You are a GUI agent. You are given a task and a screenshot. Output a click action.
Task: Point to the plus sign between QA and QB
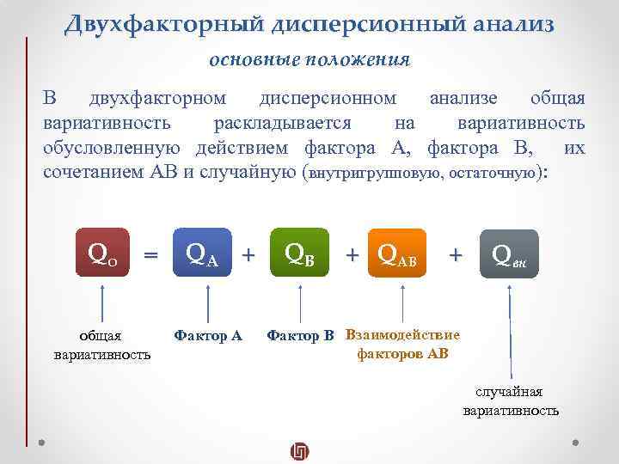tap(249, 254)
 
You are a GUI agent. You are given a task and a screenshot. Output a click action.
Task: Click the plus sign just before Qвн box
tap(456, 254)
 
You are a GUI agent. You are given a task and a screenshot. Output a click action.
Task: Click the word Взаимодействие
tap(401, 335)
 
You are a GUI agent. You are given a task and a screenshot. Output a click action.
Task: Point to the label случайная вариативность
tap(511, 401)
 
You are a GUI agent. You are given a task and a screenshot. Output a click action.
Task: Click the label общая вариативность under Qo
tap(101, 345)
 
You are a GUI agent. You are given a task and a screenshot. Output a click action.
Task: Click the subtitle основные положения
tap(309, 60)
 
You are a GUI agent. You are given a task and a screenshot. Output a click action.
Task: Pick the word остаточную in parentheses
tap(499, 173)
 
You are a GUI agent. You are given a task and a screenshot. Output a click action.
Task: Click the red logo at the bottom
tap(300, 449)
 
